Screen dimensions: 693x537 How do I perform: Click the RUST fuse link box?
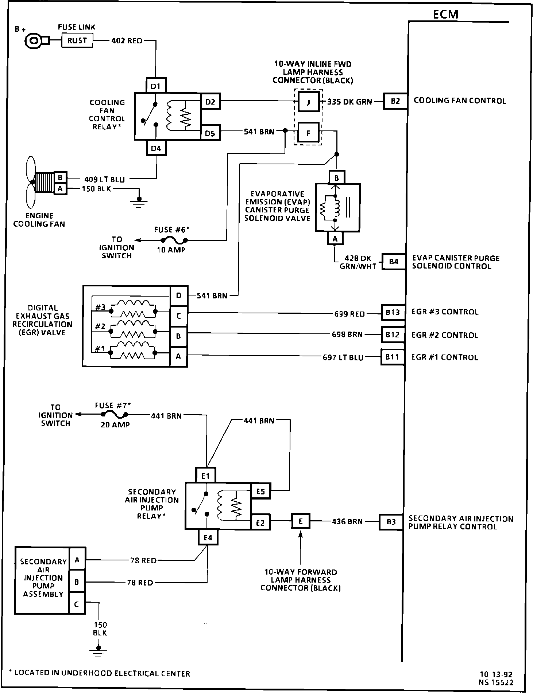coord(77,40)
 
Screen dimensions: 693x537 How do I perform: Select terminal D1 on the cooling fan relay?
coord(156,86)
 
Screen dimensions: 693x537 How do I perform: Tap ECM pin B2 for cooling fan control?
coord(395,101)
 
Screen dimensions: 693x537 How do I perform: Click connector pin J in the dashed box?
coord(308,102)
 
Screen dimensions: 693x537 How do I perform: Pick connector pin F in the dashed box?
coord(308,133)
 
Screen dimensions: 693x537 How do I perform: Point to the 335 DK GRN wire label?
coord(349,102)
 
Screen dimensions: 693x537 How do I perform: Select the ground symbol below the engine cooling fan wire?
coord(138,201)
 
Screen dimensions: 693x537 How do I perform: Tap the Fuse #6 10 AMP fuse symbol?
coord(173,240)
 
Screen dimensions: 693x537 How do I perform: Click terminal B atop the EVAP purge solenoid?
coord(336,178)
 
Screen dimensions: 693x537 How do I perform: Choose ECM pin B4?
coord(394,262)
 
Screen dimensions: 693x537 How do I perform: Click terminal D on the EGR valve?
coord(179,295)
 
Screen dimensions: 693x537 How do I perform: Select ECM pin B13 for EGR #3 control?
coord(393,312)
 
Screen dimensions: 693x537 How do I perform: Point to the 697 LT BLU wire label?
coord(343,358)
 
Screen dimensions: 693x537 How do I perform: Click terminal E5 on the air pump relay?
coord(260,492)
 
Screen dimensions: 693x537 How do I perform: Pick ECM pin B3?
coord(391,522)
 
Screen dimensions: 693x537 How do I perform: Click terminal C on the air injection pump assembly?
coord(77,604)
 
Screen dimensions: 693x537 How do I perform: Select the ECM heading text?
coord(445,14)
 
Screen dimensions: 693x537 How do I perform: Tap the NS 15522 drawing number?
coord(497,683)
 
